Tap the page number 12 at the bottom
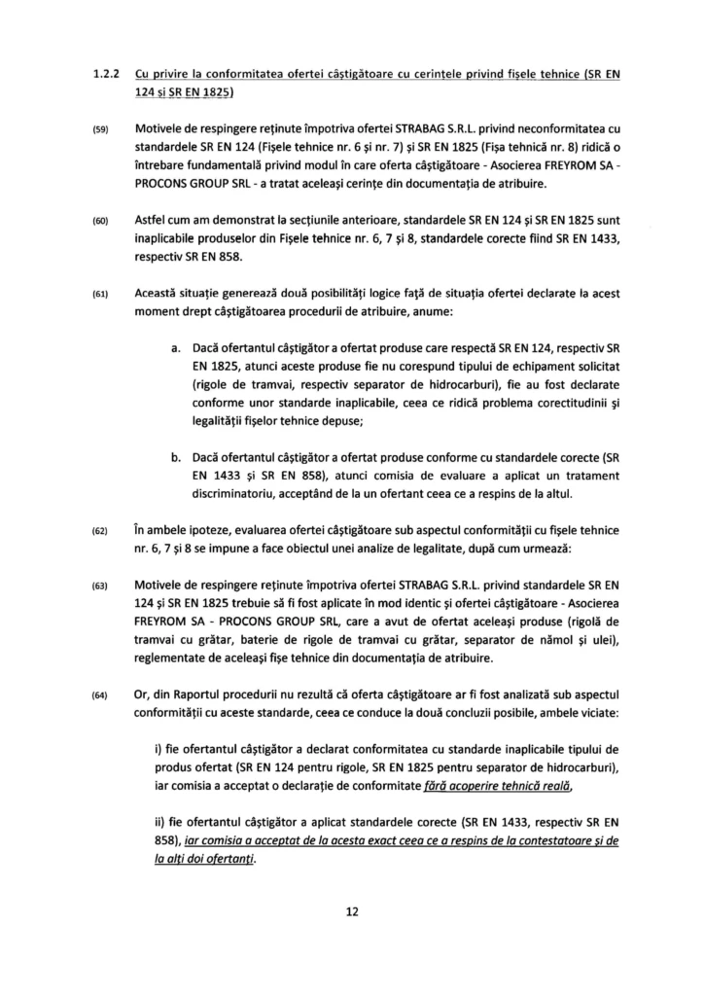352,912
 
